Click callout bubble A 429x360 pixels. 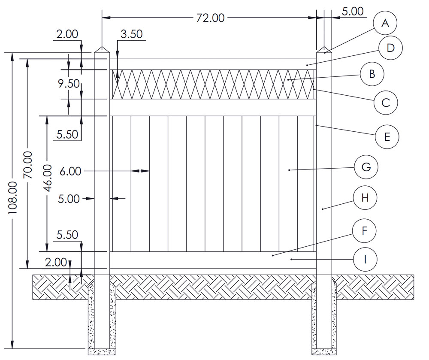[x=385, y=24]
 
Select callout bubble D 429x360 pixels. [x=390, y=48]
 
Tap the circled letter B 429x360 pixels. [x=372, y=73]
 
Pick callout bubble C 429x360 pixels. [x=385, y=103]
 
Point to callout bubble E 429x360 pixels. [x=387, y=137]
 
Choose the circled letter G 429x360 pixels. [x=366, y=167]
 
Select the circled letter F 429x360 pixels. [x=364, y=231]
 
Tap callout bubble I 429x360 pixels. [x=365, y=259]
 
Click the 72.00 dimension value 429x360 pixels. [x=210, y=18]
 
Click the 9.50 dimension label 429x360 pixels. [x=69, y=84]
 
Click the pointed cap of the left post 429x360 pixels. [x=102, y=50]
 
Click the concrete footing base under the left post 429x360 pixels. [x=102, y=352]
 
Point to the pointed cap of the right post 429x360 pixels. [x=324, y=50]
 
